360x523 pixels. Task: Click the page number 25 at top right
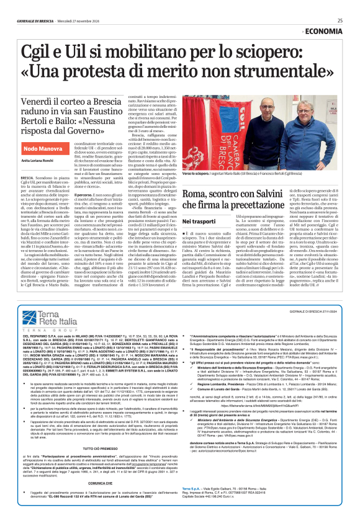(x=340, y=20)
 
